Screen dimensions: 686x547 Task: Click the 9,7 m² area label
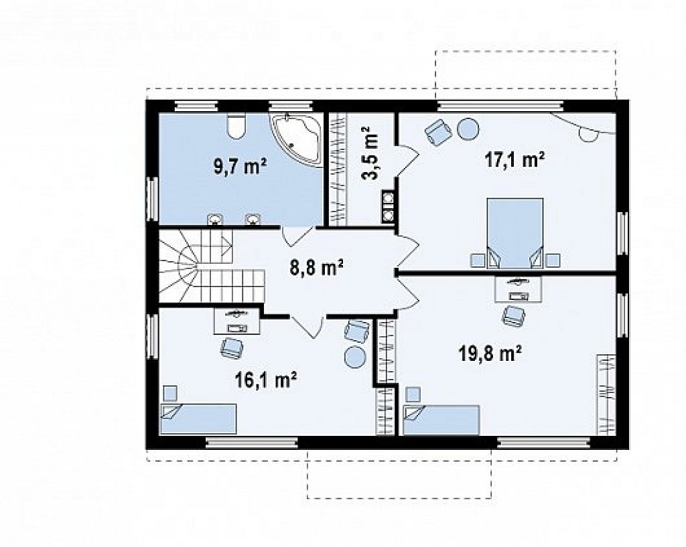[241, 167]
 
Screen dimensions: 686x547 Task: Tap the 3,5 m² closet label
[369, 153]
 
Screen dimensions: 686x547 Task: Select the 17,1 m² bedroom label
[514, 159]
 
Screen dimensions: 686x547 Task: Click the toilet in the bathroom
[236, 125]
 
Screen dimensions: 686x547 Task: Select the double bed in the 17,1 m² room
[515, 232]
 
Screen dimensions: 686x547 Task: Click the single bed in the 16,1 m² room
[198, 419]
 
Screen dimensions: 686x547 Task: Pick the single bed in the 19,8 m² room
[441, 420]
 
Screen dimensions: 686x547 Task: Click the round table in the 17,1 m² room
[468, 129]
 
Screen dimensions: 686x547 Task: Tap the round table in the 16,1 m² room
[355, 357]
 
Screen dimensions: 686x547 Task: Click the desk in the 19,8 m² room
[518, 289]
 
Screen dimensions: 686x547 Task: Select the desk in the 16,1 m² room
[237, 321]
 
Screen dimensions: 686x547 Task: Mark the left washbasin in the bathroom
[214, 220]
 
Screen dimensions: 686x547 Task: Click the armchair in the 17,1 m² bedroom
[438, 131]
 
